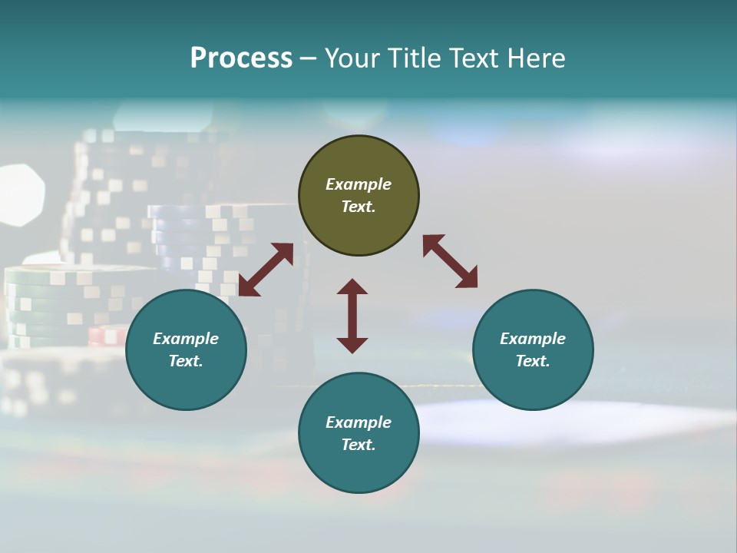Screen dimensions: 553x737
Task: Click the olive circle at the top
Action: coord(359,196)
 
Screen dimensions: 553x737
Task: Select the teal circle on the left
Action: coord(186,350)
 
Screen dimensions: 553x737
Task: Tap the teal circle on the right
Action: coord(533,350)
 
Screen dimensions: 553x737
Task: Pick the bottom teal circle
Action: coord(359,433)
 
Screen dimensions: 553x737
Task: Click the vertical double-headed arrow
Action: coord(352,316)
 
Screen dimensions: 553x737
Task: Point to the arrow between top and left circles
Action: coord(266,270)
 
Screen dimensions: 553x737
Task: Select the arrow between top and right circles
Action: coord(450,261)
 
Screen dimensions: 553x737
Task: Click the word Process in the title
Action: coord(241,58)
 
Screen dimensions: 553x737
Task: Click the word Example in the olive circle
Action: coord(359,184)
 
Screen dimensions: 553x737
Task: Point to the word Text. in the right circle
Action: coord(533,361)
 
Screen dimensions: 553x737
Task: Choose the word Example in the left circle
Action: coord(186,339)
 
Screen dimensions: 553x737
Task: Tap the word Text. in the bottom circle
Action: coord(359,445)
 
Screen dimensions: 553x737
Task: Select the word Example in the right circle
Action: coord(533,339)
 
